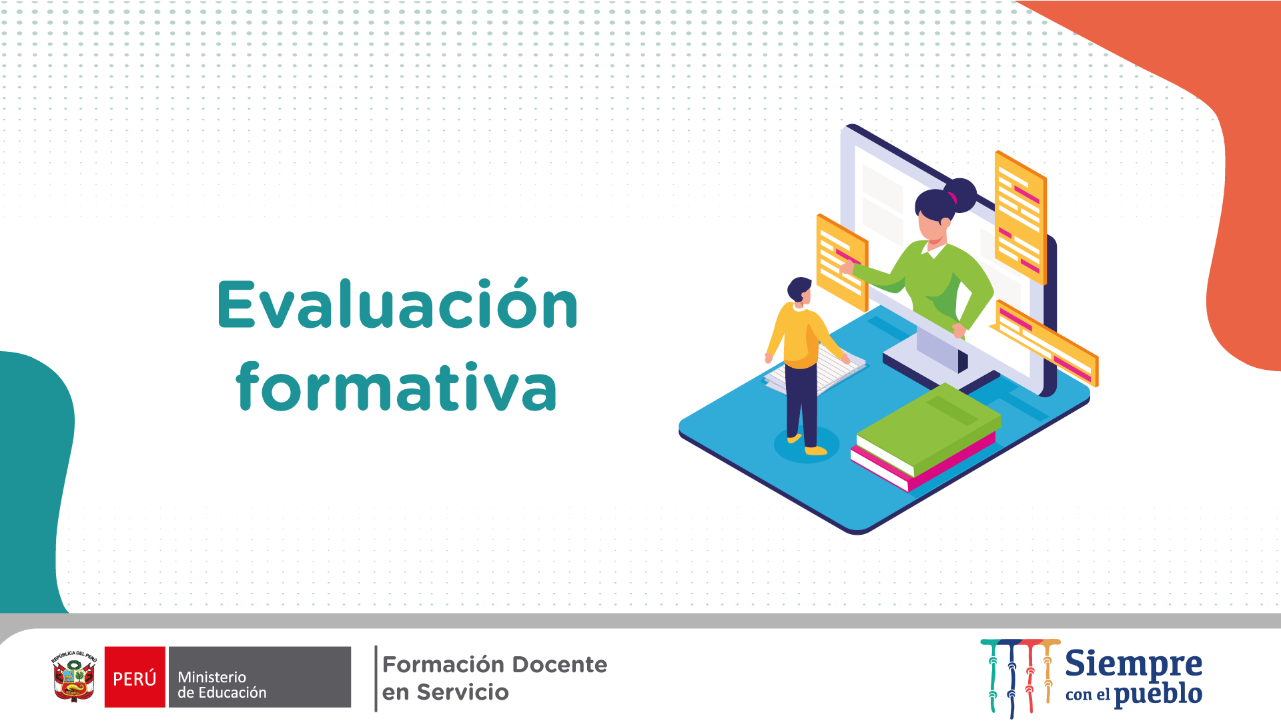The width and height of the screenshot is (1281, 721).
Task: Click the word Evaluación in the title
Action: [398, 304]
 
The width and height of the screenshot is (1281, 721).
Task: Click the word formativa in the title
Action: [396, 386]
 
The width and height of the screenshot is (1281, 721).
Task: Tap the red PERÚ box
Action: [135, 677]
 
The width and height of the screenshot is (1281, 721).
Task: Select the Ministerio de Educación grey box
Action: [260, 677]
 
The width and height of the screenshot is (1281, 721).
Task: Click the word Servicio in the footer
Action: [462, 692]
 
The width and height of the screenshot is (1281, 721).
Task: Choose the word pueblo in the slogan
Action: [1158, 694]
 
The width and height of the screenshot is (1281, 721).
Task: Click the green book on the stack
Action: [929, 429]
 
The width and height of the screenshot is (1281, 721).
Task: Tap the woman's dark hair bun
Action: [961, 195]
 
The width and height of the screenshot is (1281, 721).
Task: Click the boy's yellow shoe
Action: [815, 451]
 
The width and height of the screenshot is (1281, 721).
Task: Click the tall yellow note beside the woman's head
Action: [1020, 218]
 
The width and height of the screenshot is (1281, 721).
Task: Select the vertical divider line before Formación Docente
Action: [376, 678]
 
